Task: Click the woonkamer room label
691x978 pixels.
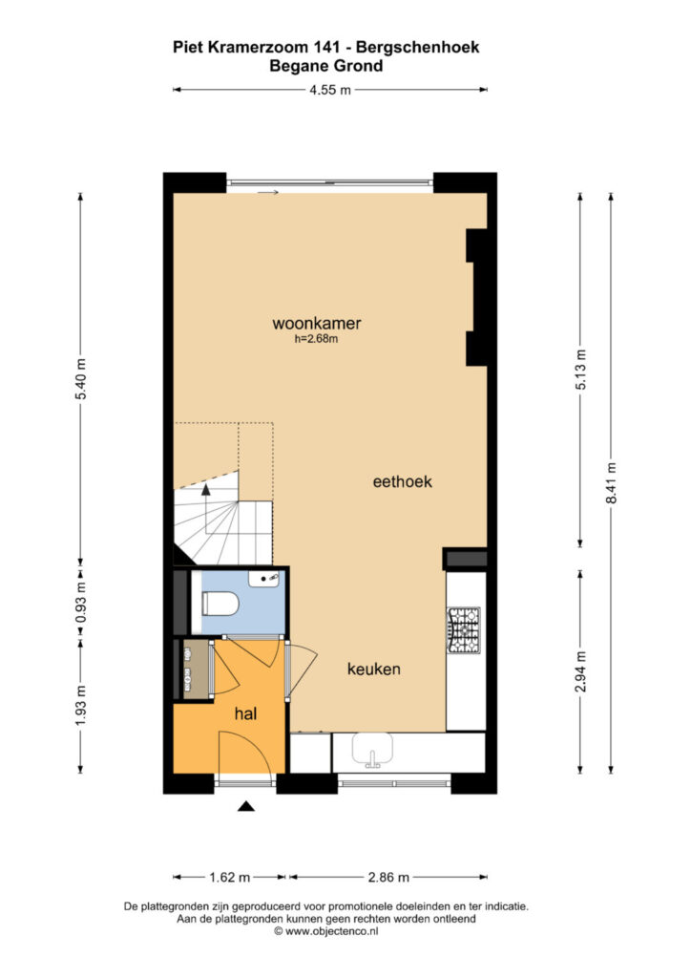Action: [x=317, y=323]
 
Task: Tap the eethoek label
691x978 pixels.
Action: [x=402, y=481]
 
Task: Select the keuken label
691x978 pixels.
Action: [x=374, y=670]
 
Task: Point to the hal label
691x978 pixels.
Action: [x=245, y=713]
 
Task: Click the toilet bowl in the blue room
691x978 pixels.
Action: [x=220, y=604]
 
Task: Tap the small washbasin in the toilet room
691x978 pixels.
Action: [x=264, y=578]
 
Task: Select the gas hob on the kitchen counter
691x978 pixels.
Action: [x=463, y=630]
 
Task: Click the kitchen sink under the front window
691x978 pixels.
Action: [x=372, y=750]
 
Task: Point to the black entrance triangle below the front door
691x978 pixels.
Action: [x=247, y=806]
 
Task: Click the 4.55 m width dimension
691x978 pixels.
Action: [x=330, y=90]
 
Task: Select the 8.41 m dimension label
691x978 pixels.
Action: [x=612, y=482]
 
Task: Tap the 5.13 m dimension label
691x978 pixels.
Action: [x=580, y=370]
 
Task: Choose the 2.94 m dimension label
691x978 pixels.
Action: [x=580, y=671]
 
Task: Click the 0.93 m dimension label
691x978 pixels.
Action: [x=80, y=604]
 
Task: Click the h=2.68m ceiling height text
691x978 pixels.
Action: [x=317, y=339]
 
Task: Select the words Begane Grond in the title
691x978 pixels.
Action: [x=325, y=66]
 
